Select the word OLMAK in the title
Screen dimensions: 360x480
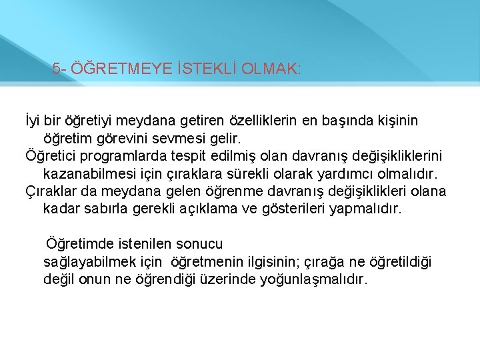point(265,69)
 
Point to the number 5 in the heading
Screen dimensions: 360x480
point(56,69)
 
